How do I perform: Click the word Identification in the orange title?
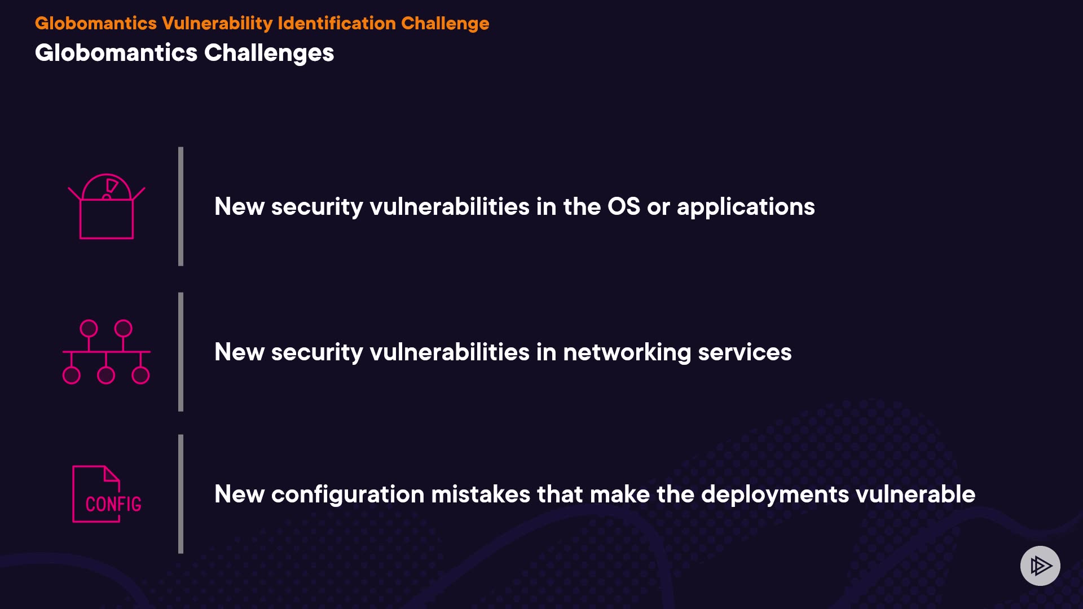click(x=337, y=23)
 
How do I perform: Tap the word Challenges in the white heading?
click(x=269, y=54)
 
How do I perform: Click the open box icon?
click(x=107, y=206)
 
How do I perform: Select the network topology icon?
click(x=106, y=352)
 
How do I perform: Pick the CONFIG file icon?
click(x=107, y=494)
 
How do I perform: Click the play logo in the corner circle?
click(x=1041, y=566)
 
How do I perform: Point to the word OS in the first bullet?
click(x=624, y=206)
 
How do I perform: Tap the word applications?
click(x=746, y=208)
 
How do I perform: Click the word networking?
click(x=627, y=353)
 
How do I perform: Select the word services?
click(x=745, y=352)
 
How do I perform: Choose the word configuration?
click(x=348, y=495)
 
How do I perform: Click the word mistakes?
click(x=481, y=495)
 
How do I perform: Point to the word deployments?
click(x=775, y=495)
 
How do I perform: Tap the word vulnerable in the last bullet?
click(x=915, y=495)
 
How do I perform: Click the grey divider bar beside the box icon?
click(x=180, y=206)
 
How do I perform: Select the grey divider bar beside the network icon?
click(x=180, y=352)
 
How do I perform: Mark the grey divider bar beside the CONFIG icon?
click(x=180, y=494)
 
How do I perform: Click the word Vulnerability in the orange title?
click(x=217, y=23)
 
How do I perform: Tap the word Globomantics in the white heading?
click(x=116, y=54)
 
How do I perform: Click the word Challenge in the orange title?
click(x=445, y=23)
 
